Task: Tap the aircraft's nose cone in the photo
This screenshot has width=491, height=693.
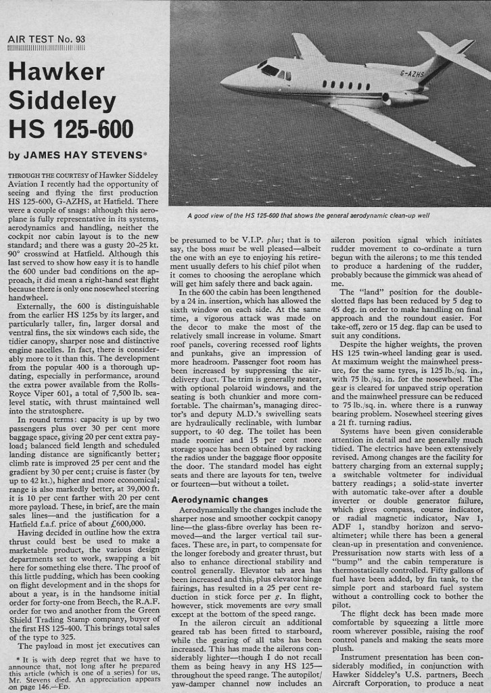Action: [225, 83]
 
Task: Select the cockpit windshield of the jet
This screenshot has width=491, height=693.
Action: [270, 69]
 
